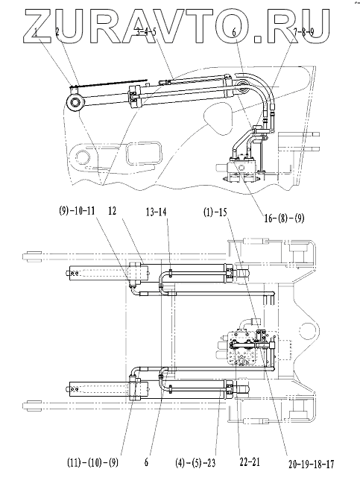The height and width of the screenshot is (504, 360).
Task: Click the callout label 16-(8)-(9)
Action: tap(284, 218)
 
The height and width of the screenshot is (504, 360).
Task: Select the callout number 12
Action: tap(113, 211)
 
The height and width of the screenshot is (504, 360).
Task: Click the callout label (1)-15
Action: tap(215, 212)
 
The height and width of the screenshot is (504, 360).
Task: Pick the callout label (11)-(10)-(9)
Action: tap(92, 463)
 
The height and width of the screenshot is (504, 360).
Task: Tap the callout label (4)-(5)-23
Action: tap(195, 463)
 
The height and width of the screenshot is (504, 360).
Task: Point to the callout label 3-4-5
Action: tap(146, 31)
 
